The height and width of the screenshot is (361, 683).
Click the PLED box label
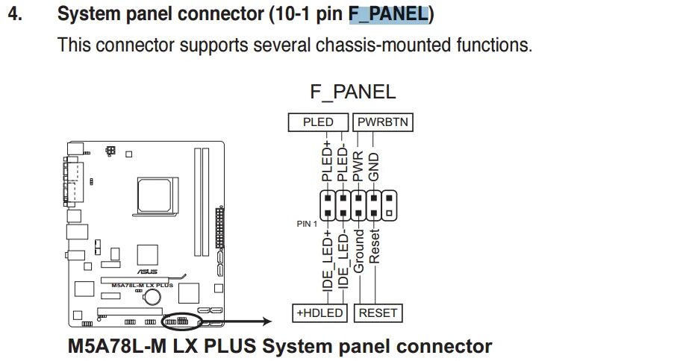click(319, 122)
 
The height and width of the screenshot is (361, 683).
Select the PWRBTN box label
click(384, 122)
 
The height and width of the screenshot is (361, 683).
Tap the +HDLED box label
click(320, 313)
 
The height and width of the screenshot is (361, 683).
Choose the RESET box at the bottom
click(378, 313)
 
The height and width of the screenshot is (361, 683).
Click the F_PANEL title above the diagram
click(352, 92)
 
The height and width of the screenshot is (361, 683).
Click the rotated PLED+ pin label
click(326, 161)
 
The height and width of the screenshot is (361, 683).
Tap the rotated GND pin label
click(375, 167)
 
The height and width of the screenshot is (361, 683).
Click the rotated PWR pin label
click(358, 166)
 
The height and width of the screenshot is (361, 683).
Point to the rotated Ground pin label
click(358, 252)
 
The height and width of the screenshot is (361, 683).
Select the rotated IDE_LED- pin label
click(343, 265)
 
